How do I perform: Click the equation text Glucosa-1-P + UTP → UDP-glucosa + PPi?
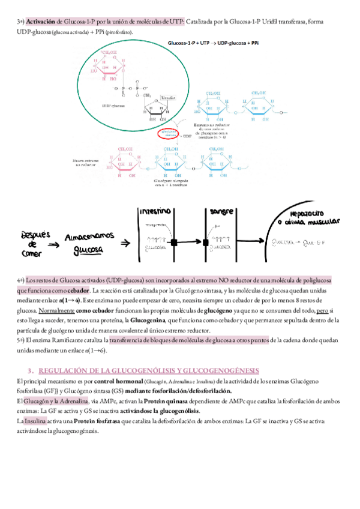214,44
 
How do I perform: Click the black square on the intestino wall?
174,242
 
